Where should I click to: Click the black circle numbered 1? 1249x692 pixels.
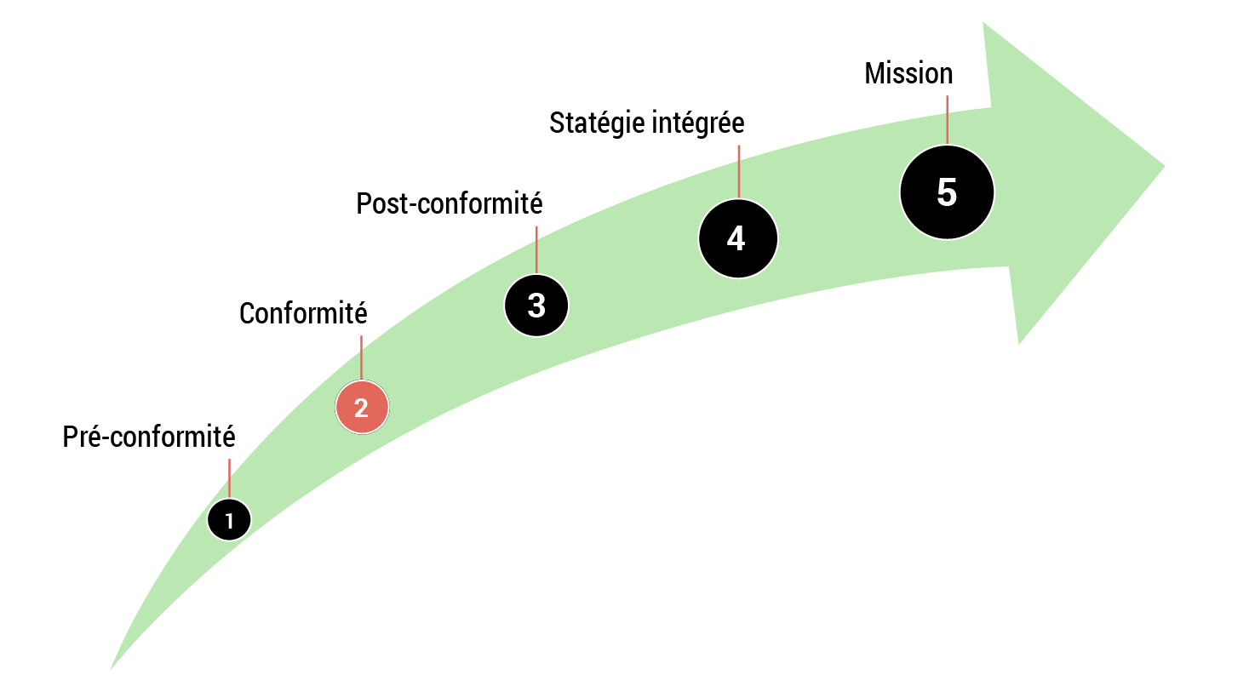(229, 520)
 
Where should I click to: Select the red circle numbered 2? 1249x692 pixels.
(362, 408)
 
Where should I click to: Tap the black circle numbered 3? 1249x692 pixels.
(536, 306)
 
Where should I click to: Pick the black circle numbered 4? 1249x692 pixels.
(737, 238)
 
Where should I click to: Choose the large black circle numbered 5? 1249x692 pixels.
(947, 192)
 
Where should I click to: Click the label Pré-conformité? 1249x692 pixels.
(149, 437)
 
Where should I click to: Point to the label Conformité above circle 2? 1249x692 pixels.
(303, 313)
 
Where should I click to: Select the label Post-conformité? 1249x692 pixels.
(450, 204)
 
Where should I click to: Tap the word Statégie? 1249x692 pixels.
(596, 123)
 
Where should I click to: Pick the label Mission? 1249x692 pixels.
(908, 73)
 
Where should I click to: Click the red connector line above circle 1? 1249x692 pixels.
(229, 478)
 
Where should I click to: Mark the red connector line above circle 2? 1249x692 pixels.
(362, 357)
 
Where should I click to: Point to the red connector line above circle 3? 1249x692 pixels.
(536, 249)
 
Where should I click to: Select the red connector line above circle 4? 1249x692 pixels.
(738, 171)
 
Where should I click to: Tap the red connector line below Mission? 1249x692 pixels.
(947, 119)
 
